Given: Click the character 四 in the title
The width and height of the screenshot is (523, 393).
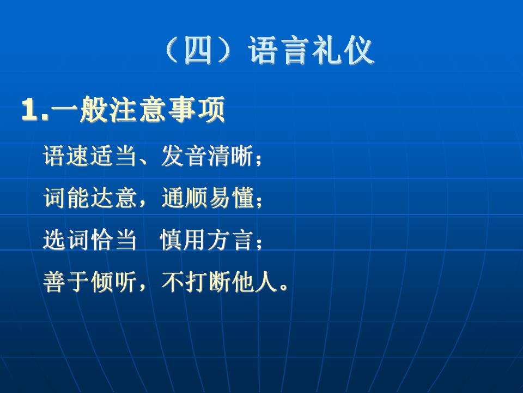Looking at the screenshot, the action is click(x=198, y=50).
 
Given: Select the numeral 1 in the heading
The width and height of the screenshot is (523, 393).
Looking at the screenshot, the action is click(x=29, y=110).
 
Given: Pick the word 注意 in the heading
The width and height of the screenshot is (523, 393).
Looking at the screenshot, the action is click(x=137, y=109).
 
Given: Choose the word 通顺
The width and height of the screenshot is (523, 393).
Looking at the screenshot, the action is click(x=184, y=198).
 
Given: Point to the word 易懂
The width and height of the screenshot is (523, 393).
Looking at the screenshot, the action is click(x=231, y=198).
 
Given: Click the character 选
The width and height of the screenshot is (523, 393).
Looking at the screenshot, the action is click(x=54, y=240).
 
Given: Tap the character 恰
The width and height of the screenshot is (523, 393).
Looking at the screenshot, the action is click(x=101, y=240).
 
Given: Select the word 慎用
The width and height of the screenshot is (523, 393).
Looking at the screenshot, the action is click(x=183, y=240).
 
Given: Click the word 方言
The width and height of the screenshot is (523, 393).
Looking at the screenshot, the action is click(x=229, y=240).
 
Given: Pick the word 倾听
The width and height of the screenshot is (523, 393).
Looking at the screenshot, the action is click(x=113, y=282).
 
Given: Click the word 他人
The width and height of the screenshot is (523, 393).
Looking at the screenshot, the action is click(x=254, y=282).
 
